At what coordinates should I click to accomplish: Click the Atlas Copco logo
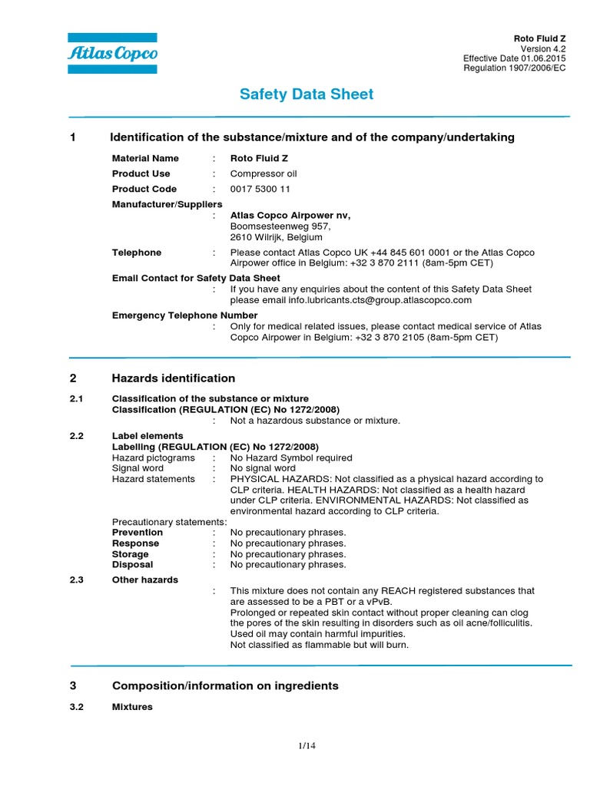pos(112,53)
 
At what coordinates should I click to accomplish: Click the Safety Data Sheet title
pos(307,94)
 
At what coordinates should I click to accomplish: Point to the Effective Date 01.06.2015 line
pos(515,58)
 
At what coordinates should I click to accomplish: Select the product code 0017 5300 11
pos(260,189)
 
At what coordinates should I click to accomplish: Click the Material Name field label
pos(145,158)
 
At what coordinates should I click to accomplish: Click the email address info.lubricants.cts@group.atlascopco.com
pos(382,300)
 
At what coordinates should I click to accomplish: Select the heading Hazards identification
pos(174,378)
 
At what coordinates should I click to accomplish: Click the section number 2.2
pos(76,436)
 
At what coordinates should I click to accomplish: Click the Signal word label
pos(138,468)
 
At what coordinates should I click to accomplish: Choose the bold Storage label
pos(131,554)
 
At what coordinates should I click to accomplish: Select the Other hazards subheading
pos(145,580)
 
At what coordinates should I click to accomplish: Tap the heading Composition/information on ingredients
pos(225,685)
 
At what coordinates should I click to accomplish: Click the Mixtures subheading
pos(132,706)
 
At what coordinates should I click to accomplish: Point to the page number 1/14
pos(307,745)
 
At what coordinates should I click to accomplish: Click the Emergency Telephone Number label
pos(184,315)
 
